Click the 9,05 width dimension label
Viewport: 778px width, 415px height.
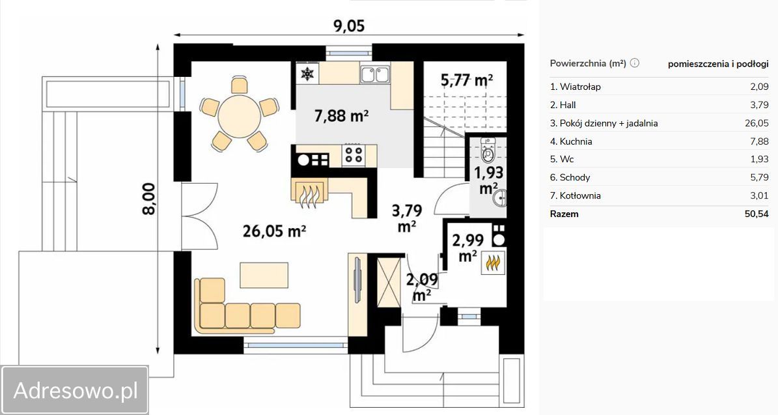(349, 25)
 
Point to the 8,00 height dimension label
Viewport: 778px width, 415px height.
(149, 199)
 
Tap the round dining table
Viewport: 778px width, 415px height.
(240, 116)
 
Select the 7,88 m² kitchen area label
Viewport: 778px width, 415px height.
(341, 116)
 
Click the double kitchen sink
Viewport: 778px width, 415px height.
(374, 74)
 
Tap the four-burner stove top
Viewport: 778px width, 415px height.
(354, 155)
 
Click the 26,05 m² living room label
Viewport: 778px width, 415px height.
(274, 231)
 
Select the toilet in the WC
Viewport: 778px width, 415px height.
(488, 151)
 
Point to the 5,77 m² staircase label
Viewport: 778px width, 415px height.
(467, 80)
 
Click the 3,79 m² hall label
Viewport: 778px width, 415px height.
(407, 218)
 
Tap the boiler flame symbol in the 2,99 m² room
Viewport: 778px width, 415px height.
(493, 263)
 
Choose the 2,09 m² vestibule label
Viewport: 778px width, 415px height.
(422, 287)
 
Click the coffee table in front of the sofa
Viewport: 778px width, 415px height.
(264, 275)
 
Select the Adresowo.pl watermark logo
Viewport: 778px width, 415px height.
(75, 390)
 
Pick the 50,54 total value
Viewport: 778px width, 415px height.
(757, 214)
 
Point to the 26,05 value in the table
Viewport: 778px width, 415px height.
(757, 123)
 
